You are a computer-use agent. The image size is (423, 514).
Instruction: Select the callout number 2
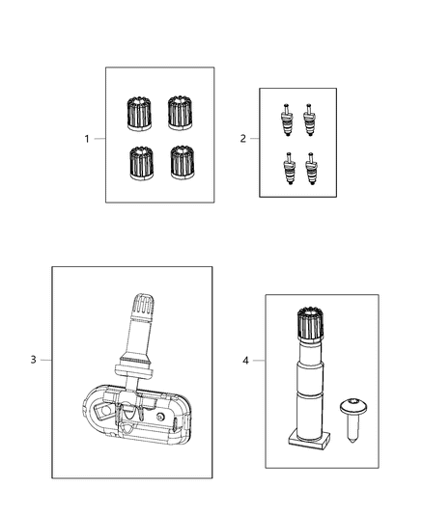(x=242, y=139)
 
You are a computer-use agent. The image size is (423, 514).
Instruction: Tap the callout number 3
(x=33, y=360)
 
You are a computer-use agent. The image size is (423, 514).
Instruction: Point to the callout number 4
(x=245, y=361)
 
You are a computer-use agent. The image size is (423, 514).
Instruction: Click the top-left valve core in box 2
(x=287, y=119)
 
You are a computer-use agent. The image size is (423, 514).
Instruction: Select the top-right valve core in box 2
(x=311, y=119)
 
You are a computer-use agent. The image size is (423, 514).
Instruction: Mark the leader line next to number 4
(x=258, y=361)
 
